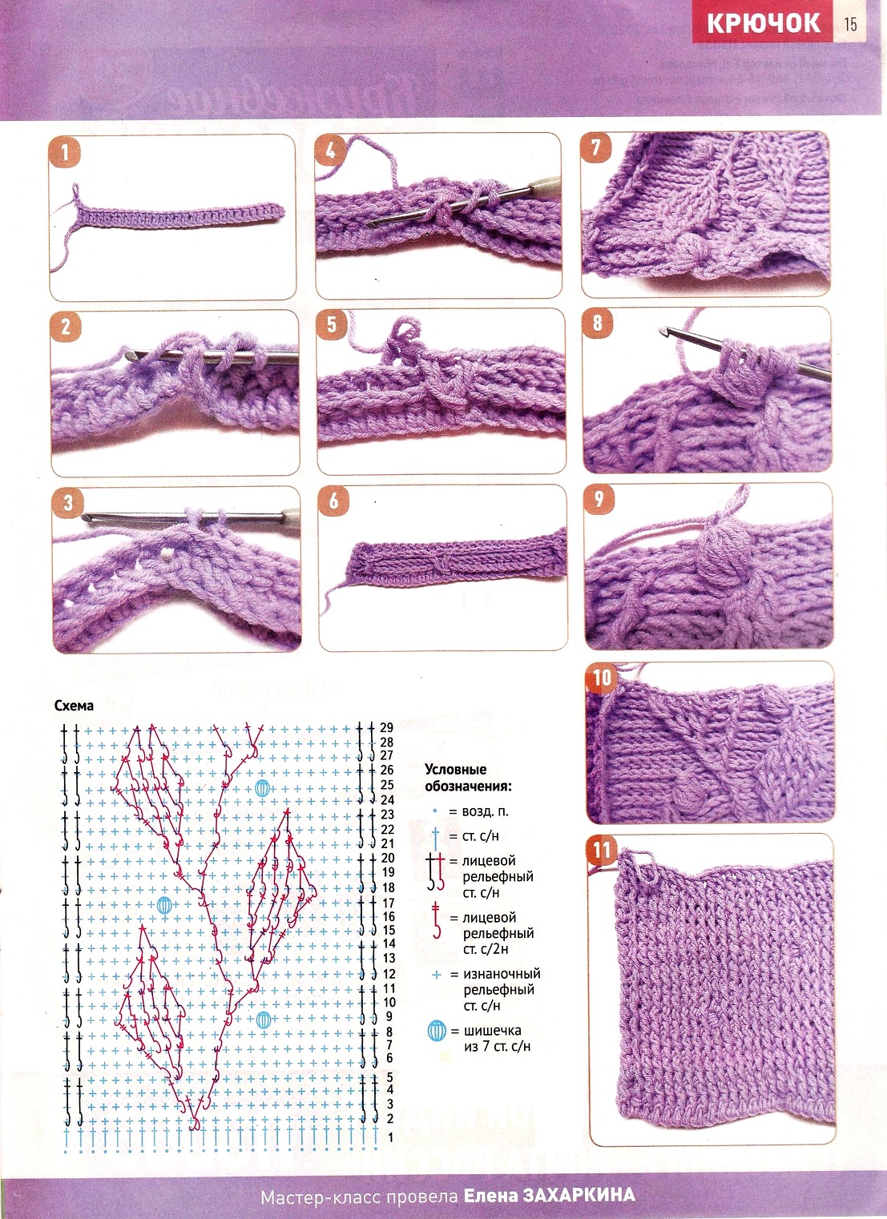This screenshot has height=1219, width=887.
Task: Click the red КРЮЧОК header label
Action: [763, 23]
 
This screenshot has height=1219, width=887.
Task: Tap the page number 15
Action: [850, 25]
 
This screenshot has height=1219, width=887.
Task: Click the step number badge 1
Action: [64, 153]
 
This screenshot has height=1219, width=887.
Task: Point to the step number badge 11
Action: [602, 850]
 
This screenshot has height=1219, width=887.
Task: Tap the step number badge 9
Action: [599, 499]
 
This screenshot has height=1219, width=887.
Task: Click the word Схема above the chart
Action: [74, 706]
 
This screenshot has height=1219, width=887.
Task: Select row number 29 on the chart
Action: [386, 727]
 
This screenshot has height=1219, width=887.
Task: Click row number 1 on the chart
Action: [390, 1137]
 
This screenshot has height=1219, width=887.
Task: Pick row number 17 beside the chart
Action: [388, 903]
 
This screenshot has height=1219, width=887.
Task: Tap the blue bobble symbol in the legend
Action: [437, 1030]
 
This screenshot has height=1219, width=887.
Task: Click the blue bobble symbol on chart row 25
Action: [263, 787]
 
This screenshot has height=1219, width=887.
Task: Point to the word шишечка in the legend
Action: [492, 1030]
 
